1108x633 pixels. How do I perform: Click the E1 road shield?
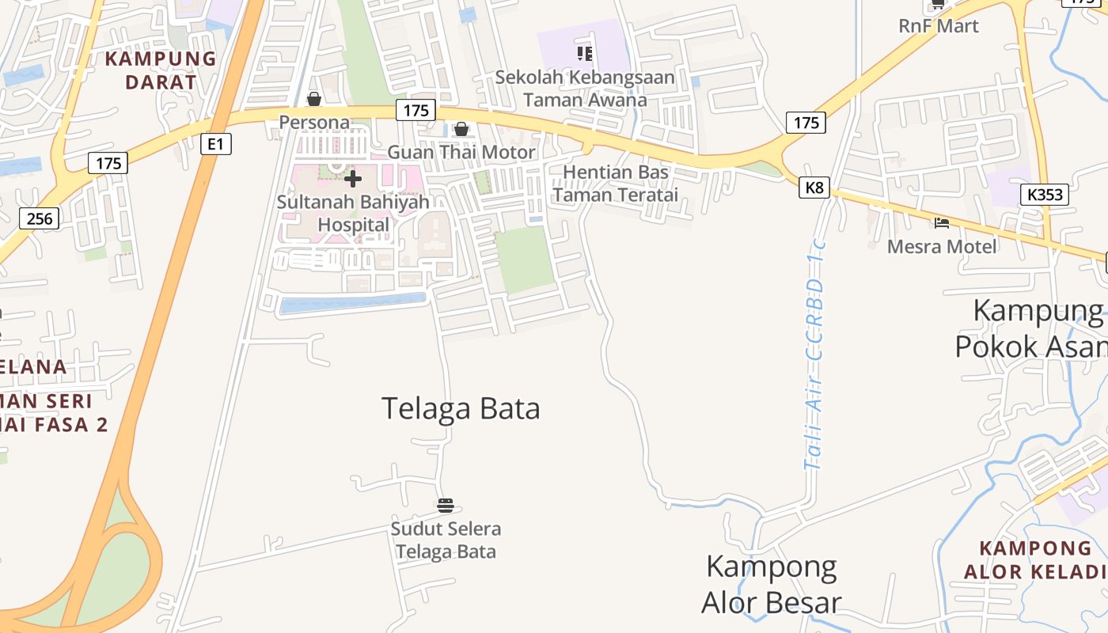point(215,144)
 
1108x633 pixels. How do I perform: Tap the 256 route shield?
point(39,218)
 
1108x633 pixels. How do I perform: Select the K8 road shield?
point(814,188)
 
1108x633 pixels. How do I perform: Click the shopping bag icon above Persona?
point(314,99)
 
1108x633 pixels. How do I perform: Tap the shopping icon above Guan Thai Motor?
point(461,129)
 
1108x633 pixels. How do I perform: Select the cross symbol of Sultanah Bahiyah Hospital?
point(353,179)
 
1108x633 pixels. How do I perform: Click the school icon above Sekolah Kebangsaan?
point(585,54)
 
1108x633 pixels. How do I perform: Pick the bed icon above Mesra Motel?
point(941,223)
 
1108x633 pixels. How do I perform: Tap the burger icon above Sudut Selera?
point(446,506)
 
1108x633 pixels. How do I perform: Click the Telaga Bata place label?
point(461,408)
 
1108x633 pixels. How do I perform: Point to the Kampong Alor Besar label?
point(771,585)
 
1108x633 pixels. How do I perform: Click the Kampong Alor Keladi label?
point(1035,559)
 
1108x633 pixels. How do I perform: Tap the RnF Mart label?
point(939,26)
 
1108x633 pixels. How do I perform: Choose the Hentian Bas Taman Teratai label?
point(615,184)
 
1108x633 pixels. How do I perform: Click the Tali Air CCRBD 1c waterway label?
point(814,364)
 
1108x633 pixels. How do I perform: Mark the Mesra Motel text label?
point(942,247)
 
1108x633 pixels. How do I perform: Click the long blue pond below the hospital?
point(353,304)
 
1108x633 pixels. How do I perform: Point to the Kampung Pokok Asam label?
point(1033,329)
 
